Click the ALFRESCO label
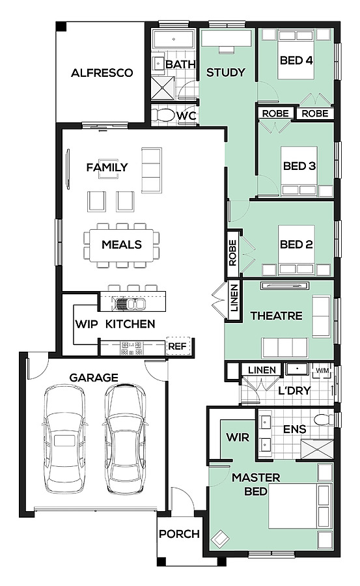pos(102,72)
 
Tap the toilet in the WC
pos(162,115)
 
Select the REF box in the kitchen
pos(178,346)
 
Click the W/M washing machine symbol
pos(322,370)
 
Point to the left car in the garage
pos(64,439)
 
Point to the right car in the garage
pos(124,439)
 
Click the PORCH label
pos(179,534)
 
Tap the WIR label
pos(238,437)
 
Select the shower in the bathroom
pos(163,88)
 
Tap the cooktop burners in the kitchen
pos(132,348)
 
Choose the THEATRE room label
pos(277,316)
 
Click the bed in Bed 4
pos(296,55)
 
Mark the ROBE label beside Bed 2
pos(232,253)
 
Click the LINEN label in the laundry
pos(262,370)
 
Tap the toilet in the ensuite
pos(324,419)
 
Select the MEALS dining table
pos(122,245)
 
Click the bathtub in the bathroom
pos(173,39)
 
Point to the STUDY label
pos(225,72)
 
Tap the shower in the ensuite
pos(317,449)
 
